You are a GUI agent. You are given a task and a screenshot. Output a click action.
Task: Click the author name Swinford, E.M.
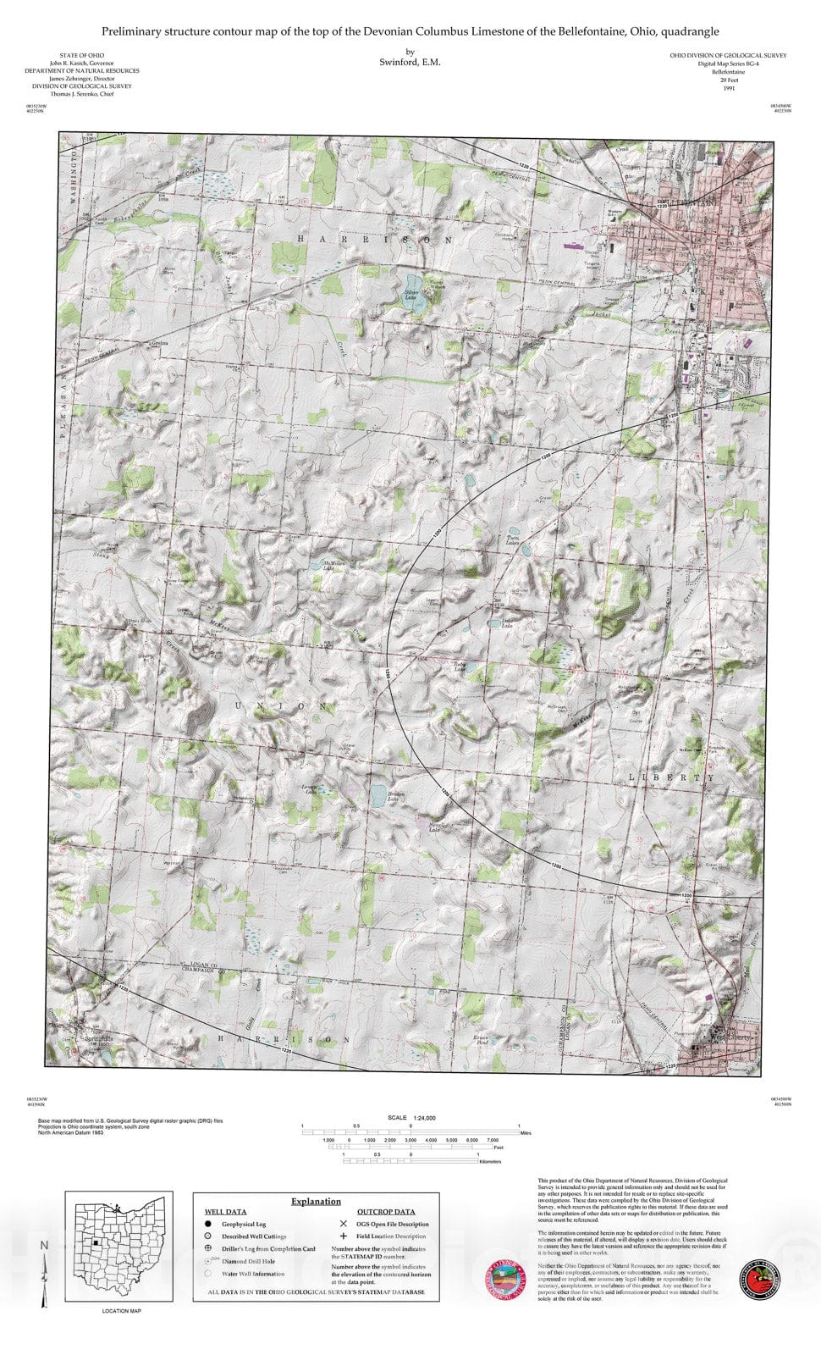click(x=410, y=62)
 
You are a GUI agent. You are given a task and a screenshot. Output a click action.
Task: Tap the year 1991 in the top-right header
click(x=728, y=88)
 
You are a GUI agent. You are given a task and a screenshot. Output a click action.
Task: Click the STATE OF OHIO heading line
click(x=81, y=55)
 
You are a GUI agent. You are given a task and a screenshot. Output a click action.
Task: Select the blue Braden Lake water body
click(x=377, y=795)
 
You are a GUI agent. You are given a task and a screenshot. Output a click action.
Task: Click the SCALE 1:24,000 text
click(x=412, y=1118)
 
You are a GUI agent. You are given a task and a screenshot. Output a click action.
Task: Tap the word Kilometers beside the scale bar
click(x=490, y=1162)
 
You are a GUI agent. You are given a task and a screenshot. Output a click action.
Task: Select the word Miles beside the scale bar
click(x=526, y=1132)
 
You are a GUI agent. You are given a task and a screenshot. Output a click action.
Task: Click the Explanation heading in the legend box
click(x=316, y=1201)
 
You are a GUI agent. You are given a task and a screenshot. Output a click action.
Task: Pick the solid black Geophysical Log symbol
click(x=207, y=1224)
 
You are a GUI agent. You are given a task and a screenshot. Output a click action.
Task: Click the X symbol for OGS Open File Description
click(x=343, y=1224)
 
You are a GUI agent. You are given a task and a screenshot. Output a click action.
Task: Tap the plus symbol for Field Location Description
click(x=343, y=1236)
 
